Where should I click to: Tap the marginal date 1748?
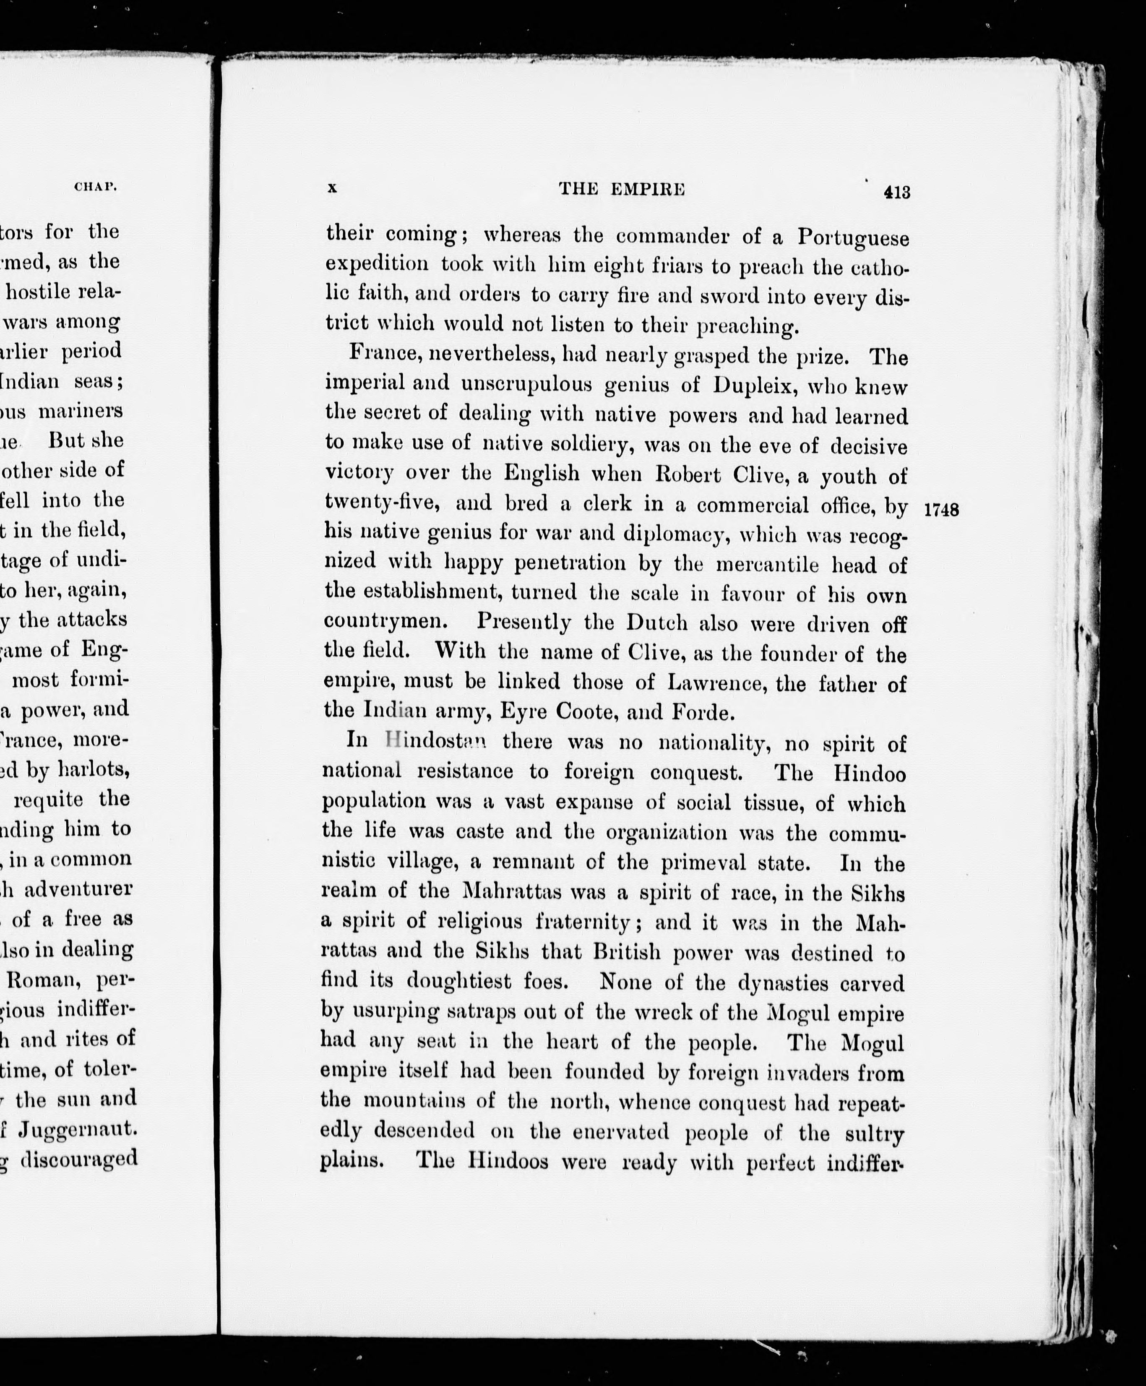point(941,510)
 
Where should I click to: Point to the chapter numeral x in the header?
point(332,188)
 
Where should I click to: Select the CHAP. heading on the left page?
point(96,187)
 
